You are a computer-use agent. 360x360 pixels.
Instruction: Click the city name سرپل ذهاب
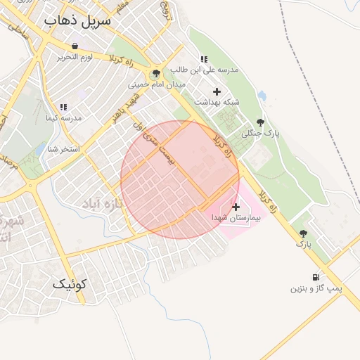point(77,20)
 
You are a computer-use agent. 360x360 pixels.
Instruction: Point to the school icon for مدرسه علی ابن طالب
point(204,60)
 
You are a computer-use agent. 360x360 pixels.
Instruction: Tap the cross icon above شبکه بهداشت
point(217,91)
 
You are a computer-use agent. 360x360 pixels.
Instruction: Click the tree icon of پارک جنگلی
point(261,122)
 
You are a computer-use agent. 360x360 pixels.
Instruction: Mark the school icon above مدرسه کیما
point(63,108)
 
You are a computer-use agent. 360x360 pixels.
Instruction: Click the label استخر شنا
point(63,149)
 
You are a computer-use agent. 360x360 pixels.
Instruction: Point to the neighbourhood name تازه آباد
point(103,204)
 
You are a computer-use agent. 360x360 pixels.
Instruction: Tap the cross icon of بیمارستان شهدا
point(236,207)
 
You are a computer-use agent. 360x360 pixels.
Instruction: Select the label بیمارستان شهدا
point(236,219)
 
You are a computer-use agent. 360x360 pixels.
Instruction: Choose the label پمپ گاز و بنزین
point(316,288)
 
